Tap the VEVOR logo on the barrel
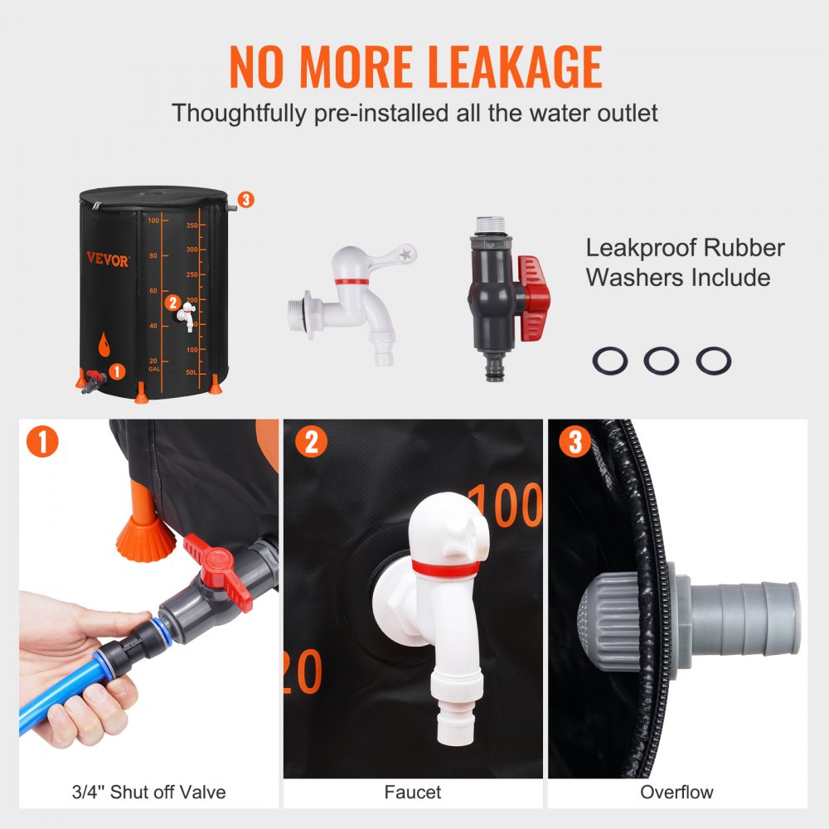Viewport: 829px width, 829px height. [x=108, y=260]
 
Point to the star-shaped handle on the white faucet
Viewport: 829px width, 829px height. [x=405, y=253]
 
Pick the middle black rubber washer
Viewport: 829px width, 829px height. [x=661, y=361]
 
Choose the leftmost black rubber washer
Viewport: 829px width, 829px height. [x=610, y=361]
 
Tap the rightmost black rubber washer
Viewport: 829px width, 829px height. [x=713, y=361]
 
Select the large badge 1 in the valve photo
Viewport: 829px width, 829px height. [x=42, y=442]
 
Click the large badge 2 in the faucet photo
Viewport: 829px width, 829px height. [x=311, y=442]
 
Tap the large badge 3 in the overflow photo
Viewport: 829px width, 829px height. [x=575, y=442]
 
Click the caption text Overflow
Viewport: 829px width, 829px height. [x=676, y=792]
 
